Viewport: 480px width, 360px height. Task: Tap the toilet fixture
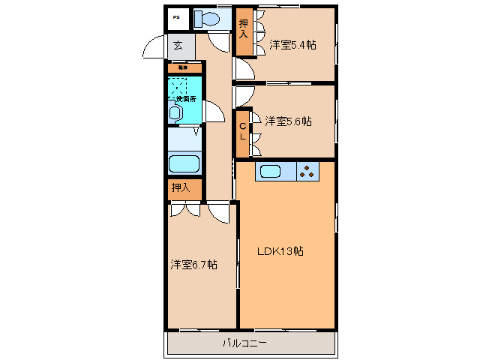coord(208,19)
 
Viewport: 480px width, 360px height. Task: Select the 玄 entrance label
coord(178,46)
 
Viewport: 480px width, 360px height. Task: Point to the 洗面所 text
coord(186,99)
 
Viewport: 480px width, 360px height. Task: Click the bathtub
coord(184,163)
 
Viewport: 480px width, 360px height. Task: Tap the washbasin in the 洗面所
coord(175,112)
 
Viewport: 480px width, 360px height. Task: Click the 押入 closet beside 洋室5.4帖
coord(244,31)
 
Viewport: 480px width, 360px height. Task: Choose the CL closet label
coord(243,132)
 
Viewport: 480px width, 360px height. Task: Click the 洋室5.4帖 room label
coord(292,45)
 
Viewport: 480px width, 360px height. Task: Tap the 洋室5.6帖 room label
coord(288,121)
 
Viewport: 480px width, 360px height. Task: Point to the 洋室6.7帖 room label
coord(193,265)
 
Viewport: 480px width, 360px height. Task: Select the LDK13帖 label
coord(281,251)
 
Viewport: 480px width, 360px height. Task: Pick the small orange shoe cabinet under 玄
coord(183,67)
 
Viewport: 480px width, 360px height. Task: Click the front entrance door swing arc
coord(154,48)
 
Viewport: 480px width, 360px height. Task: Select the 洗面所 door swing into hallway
coord(212,112)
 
